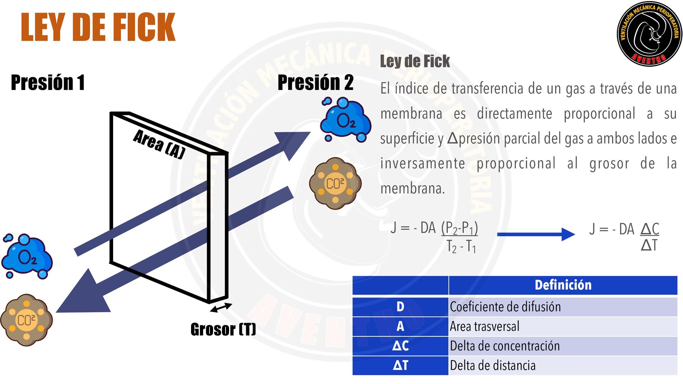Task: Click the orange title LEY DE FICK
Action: [98, 27]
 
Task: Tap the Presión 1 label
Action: [48, 82]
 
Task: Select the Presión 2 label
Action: [315, 82]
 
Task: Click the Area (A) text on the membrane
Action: [159, 144]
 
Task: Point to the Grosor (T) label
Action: [223, 329]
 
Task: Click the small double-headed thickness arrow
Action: [221, 308]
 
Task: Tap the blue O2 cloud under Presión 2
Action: [345, 120]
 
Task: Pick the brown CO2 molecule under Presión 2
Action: [335, 183]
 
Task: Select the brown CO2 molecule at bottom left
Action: [26, 320]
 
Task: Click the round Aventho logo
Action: [649, 34]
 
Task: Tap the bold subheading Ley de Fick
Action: [415, 61]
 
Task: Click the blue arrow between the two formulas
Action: [536, 234]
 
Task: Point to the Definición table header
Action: [563, 285]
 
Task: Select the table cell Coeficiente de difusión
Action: [505, 307]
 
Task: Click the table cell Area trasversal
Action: [485, 326]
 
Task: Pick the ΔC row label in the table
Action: [400, 346]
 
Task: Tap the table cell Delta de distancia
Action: [493, 366]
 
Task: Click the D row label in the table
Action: [400, 307]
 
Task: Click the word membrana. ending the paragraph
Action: [413, 188]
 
